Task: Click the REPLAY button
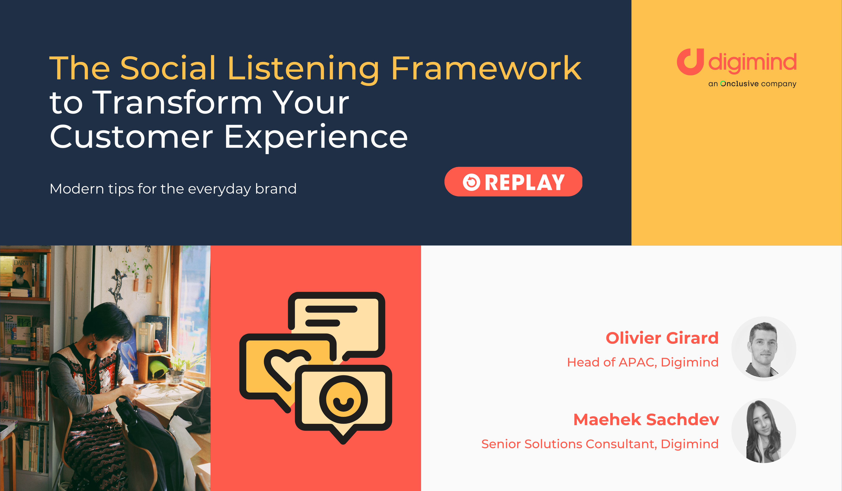pyautogui.click(x=513, y=182)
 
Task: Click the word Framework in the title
pyautogui.click(x=486, y=68)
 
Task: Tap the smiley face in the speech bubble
pyautogui.click(x=343, y=399)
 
